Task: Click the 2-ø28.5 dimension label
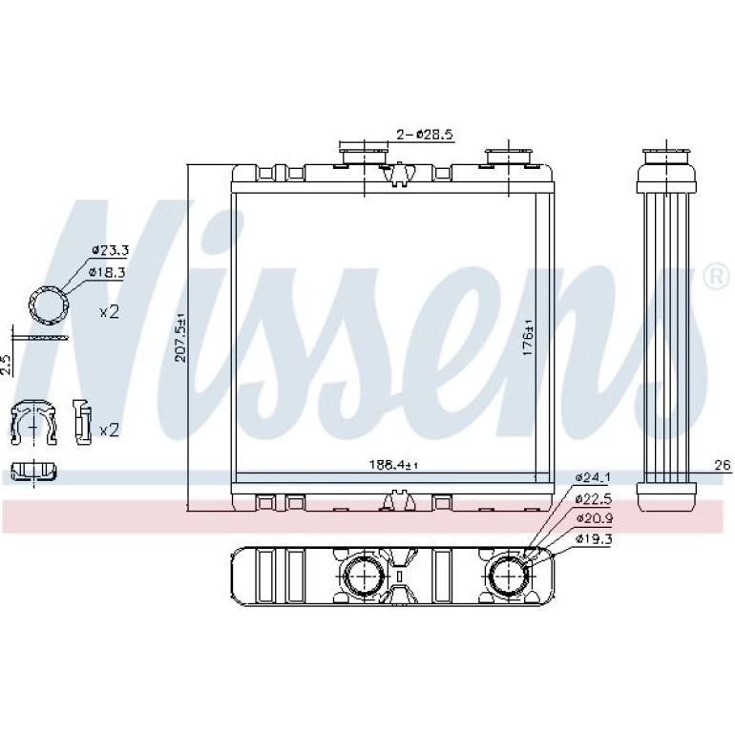(x=425, y=135)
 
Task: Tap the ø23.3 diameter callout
(x=110, y=250)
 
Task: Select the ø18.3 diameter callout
(x=106, y=272)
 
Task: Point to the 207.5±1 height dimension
(x=181, y=337)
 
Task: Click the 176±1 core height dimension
(x=528, y=338)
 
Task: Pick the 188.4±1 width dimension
(x=393, y=465)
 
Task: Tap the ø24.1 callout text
(x=593, y=477)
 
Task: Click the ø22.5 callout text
(x=594, y=498)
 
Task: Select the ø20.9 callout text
(x=594, y=519)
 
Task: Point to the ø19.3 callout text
(x=594, y=539)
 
